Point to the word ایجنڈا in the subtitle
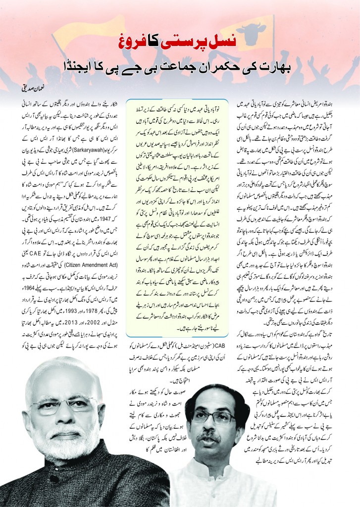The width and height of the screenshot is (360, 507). point(93,64)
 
